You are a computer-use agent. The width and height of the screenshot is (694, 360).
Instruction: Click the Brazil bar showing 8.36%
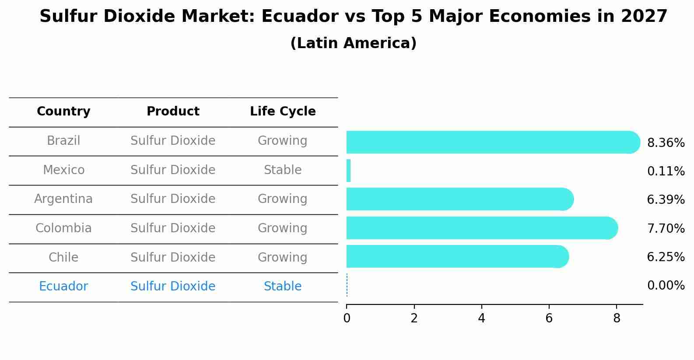(493, 142)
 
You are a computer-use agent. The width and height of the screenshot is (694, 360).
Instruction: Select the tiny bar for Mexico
(349, 171)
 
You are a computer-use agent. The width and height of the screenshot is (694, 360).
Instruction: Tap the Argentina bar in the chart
(460, 199)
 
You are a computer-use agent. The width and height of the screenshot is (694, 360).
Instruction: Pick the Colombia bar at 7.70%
(482, 228)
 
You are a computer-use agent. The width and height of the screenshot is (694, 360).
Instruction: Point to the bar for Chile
(458, 256)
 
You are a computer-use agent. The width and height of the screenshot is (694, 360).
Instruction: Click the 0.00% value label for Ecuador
(666, 285)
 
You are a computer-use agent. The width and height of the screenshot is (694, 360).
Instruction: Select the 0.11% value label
(666, 171)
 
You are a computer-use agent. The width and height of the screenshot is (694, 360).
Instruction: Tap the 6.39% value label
(666, 199)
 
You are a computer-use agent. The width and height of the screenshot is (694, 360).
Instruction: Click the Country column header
(63, 111)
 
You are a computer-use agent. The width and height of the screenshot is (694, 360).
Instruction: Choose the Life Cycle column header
(283, 111)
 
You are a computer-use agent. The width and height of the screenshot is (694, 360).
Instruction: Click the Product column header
(173, 111)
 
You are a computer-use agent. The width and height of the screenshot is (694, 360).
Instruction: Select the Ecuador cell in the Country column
(63, 286)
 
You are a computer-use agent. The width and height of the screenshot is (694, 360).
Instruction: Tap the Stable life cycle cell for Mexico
(283, 170)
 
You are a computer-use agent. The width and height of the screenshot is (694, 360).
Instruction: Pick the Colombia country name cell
(63, 228)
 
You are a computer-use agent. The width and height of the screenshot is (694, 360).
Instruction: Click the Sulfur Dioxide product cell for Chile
(173, 257)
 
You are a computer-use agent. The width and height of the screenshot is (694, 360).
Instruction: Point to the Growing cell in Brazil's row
(283, 141)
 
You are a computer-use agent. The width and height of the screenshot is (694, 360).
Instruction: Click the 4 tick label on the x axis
(481, 318)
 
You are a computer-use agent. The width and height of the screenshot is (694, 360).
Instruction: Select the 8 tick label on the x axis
(617, 318)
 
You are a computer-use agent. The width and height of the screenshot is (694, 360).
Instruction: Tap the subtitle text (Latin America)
(354, 43)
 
